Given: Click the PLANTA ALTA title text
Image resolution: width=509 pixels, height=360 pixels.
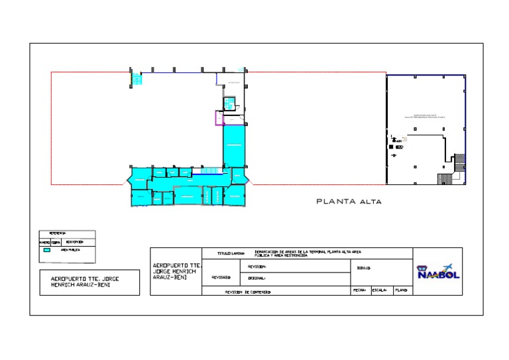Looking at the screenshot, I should click(x=349, y=202).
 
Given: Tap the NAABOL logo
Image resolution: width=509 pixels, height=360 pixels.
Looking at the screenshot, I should click(x=437, y=272).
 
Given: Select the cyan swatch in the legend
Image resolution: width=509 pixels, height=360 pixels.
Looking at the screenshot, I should click(x=47, y=251).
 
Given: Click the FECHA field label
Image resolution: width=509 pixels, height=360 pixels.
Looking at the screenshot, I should click(x=359, y=290).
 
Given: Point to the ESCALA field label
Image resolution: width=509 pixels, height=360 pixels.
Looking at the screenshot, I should click(x=379, y=290).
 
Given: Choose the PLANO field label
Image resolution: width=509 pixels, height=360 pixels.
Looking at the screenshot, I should click(x=402, y=290).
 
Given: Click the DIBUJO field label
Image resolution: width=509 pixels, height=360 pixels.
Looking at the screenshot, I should click(x=363, y=269).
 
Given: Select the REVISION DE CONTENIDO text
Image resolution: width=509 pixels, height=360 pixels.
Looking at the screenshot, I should click(x=247, y=292).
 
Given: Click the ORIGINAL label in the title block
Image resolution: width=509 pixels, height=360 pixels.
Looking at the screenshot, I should click(x=256, y=278).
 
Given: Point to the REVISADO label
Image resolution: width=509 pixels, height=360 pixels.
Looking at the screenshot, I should click(x=221, y=278).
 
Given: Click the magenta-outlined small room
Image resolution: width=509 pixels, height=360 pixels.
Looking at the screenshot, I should click(x=218, y=119).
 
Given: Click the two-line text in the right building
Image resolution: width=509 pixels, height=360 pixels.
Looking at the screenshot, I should click(x=425, y=115).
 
